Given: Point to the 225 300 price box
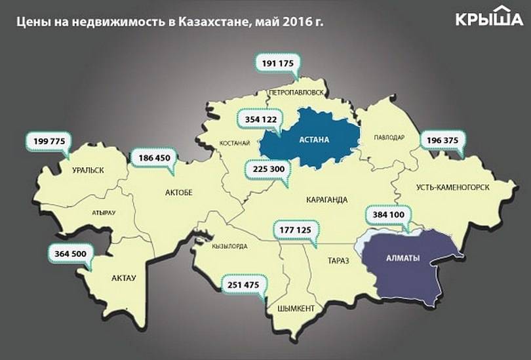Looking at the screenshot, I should coord(266,169).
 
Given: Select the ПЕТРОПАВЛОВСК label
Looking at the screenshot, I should coord(296,92).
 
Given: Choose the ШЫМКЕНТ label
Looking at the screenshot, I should coord(296,308).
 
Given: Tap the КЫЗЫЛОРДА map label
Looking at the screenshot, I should coord(229,247).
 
